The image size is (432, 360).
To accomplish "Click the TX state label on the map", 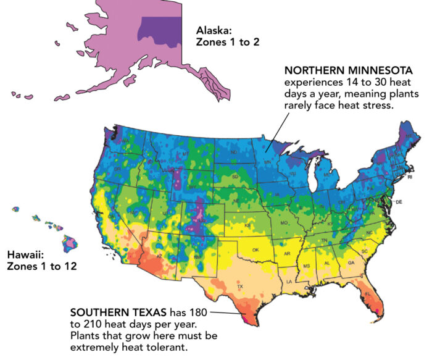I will pos(239,287).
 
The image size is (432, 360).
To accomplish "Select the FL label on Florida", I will pos(367,294).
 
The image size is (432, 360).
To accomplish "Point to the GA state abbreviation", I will pos(351,262).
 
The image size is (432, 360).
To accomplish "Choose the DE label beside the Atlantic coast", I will pos(399,202).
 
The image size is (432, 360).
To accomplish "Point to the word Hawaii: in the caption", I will pos(25,254).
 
